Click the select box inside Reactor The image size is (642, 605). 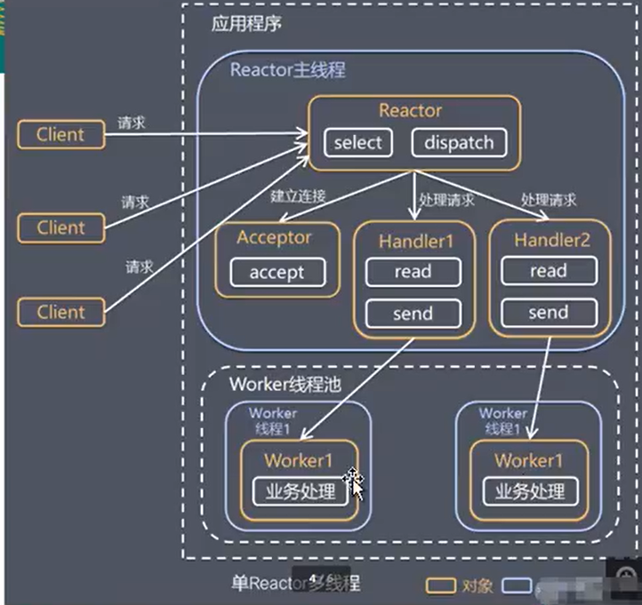357,142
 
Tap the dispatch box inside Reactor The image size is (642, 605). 459,142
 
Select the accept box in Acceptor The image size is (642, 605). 277,272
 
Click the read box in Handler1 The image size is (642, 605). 413,272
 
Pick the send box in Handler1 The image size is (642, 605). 413,313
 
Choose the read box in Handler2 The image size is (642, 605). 548,271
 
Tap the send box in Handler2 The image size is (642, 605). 548,312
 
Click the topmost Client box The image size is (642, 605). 60,135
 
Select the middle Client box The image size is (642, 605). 60,227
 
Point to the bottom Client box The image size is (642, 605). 60,312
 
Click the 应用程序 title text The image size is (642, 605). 246,24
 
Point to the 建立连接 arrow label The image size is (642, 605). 298,195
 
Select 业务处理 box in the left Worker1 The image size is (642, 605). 300,490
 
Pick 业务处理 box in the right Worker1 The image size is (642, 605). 530,490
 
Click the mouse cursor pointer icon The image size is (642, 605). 355,483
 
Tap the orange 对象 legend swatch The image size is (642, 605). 441,585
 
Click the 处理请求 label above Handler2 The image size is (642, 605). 549,199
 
